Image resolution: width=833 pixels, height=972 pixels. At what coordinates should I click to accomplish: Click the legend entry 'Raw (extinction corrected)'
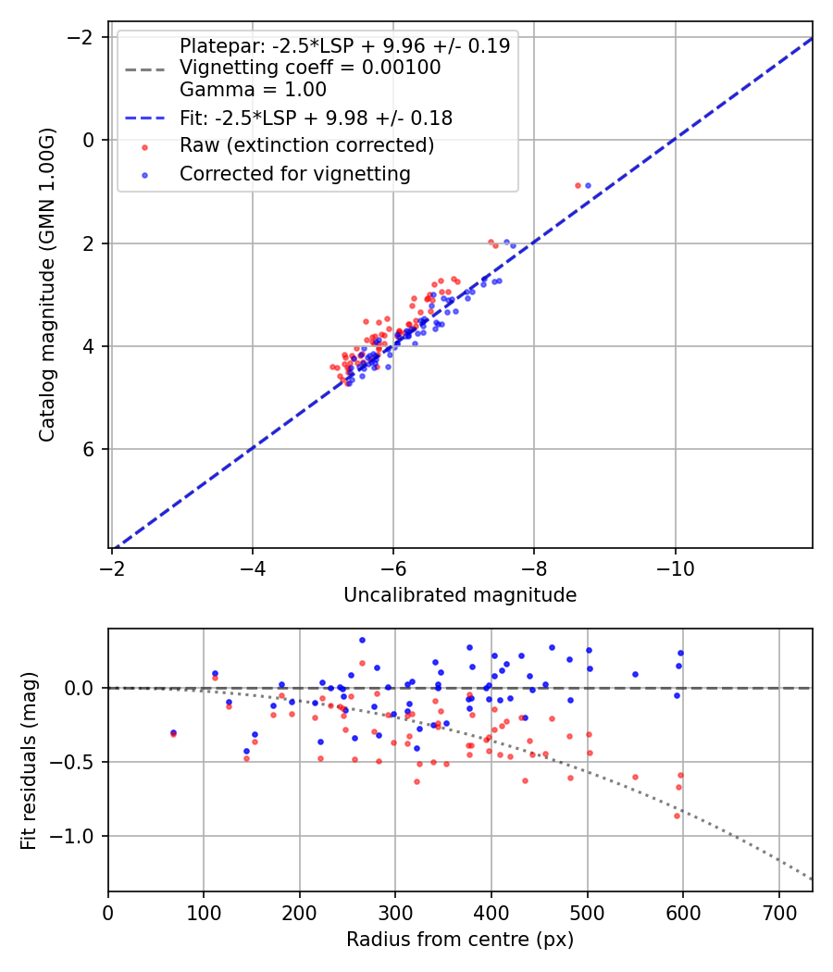[x=306, y=145]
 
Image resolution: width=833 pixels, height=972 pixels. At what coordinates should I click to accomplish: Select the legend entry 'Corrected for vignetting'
[x=295, y=173]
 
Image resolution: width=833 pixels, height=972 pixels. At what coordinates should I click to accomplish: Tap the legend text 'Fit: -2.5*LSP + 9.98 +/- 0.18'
[x=316, y=118]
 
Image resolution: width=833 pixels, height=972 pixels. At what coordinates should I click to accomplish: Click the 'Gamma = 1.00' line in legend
[x=253, y=90]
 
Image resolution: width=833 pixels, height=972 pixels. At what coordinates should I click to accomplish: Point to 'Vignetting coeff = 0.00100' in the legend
[x=310, y=68]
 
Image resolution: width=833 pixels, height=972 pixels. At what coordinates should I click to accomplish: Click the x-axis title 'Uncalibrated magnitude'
[x=460, y=595]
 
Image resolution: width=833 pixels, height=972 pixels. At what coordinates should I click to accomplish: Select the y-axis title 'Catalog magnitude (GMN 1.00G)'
[x=47, y=285]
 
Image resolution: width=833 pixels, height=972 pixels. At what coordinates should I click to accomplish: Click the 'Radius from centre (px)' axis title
[x=460, y=940]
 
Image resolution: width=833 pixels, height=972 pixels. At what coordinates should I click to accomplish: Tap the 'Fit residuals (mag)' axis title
[x=29, y=760]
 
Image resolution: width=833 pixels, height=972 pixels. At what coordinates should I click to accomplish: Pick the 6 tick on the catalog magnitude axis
[x=90, y=449]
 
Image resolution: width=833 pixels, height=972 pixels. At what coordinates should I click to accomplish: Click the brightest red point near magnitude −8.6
[x=578, y=185]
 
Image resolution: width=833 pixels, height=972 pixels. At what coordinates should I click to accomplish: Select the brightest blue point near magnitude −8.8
[x=588, y=185]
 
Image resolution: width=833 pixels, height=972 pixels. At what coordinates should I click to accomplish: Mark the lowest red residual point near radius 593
[x=677, y=816]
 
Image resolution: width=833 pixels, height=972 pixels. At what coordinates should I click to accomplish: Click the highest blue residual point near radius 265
[x=362, y=640]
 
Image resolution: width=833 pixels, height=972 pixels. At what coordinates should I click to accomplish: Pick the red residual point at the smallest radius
[x=173, y=734]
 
